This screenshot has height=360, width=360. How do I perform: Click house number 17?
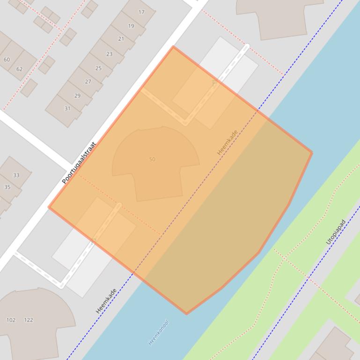[x=141, y=12]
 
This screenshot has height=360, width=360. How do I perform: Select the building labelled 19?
[x=131, y=26]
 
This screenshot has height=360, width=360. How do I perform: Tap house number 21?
[x=121, y=39]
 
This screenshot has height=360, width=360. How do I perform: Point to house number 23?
[x=109, y=54]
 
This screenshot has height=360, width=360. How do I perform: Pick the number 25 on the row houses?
[x=98, y=68]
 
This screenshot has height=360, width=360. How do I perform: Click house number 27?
[x=88, y=82]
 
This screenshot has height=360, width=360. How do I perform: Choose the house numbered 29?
[x=77, y=96]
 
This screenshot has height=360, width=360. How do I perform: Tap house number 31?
[x=67, y=108]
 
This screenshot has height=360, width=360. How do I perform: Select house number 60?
[x=7, y=60]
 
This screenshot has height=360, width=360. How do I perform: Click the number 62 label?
[x=19, y=69]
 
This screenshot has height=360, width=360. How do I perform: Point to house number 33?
[x=16, y=175]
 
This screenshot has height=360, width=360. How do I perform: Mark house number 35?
[x=7, y=187]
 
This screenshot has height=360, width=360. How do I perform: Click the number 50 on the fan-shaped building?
[x=152, y=159]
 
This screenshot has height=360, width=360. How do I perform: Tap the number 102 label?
[x=11, y=320]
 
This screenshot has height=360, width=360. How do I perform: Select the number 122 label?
[x=29, y=320]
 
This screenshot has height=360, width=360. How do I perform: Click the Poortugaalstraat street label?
[x=79, y=163]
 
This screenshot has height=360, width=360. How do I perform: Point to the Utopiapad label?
[x=335, y=232]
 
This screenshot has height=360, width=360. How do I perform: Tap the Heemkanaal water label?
[x=158, y=332]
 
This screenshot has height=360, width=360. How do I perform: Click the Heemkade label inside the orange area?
[x=227, y=142]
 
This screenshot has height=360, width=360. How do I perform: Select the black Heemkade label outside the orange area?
[x=105, y=301]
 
